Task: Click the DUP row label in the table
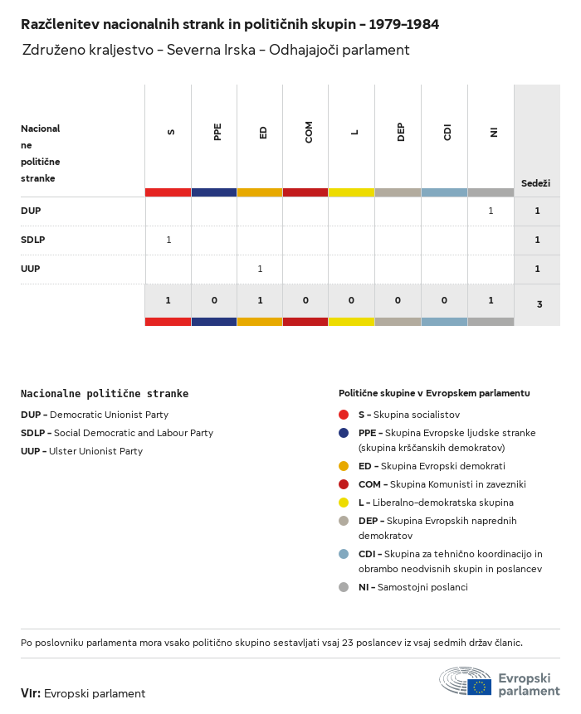point(31,211)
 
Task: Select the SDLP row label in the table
point(32,240)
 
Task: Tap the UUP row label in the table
point(31,269)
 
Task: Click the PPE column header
point(217,132)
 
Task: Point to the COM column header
point(309,132)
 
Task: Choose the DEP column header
point(401,132)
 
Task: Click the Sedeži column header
point(535,182)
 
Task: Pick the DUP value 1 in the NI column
point(491,211)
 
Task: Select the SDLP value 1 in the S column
point(168,240)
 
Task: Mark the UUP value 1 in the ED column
point(260,269)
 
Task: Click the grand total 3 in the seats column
point(539,304)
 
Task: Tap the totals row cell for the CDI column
point(444,300)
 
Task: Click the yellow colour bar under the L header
point(351,192)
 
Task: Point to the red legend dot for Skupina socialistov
point(344,415)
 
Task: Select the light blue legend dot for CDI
point(344,554)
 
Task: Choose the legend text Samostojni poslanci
point(422,587)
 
